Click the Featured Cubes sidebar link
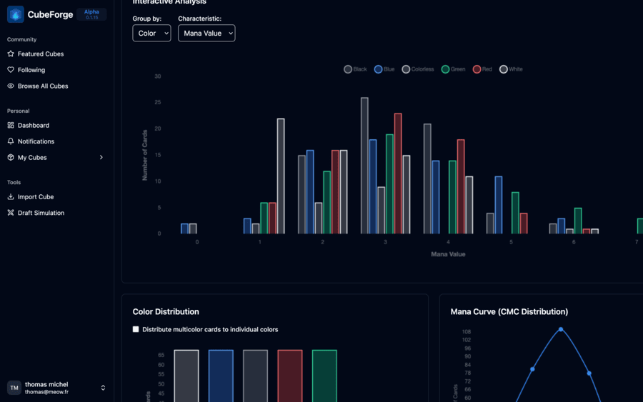point(41,54)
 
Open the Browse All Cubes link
point(43,86)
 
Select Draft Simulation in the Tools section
point(41,213)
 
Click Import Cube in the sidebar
point(36,196)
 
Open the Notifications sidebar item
point(36,141)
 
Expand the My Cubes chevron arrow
point(101,157)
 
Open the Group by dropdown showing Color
point(151,33)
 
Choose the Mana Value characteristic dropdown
point(206,33)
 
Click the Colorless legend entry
point(418,69)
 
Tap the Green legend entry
point(454,69)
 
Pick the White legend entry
point(511,69)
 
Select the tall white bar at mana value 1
point(281,176)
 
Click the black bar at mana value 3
point(364,166)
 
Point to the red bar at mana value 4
point(461,186)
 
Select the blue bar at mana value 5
point(499,205)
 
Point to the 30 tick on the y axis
point(157,76)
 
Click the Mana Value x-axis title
point(448,254)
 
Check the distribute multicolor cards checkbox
point(136,329)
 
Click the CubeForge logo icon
point(16,14)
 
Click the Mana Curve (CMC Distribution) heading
point(509,311)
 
